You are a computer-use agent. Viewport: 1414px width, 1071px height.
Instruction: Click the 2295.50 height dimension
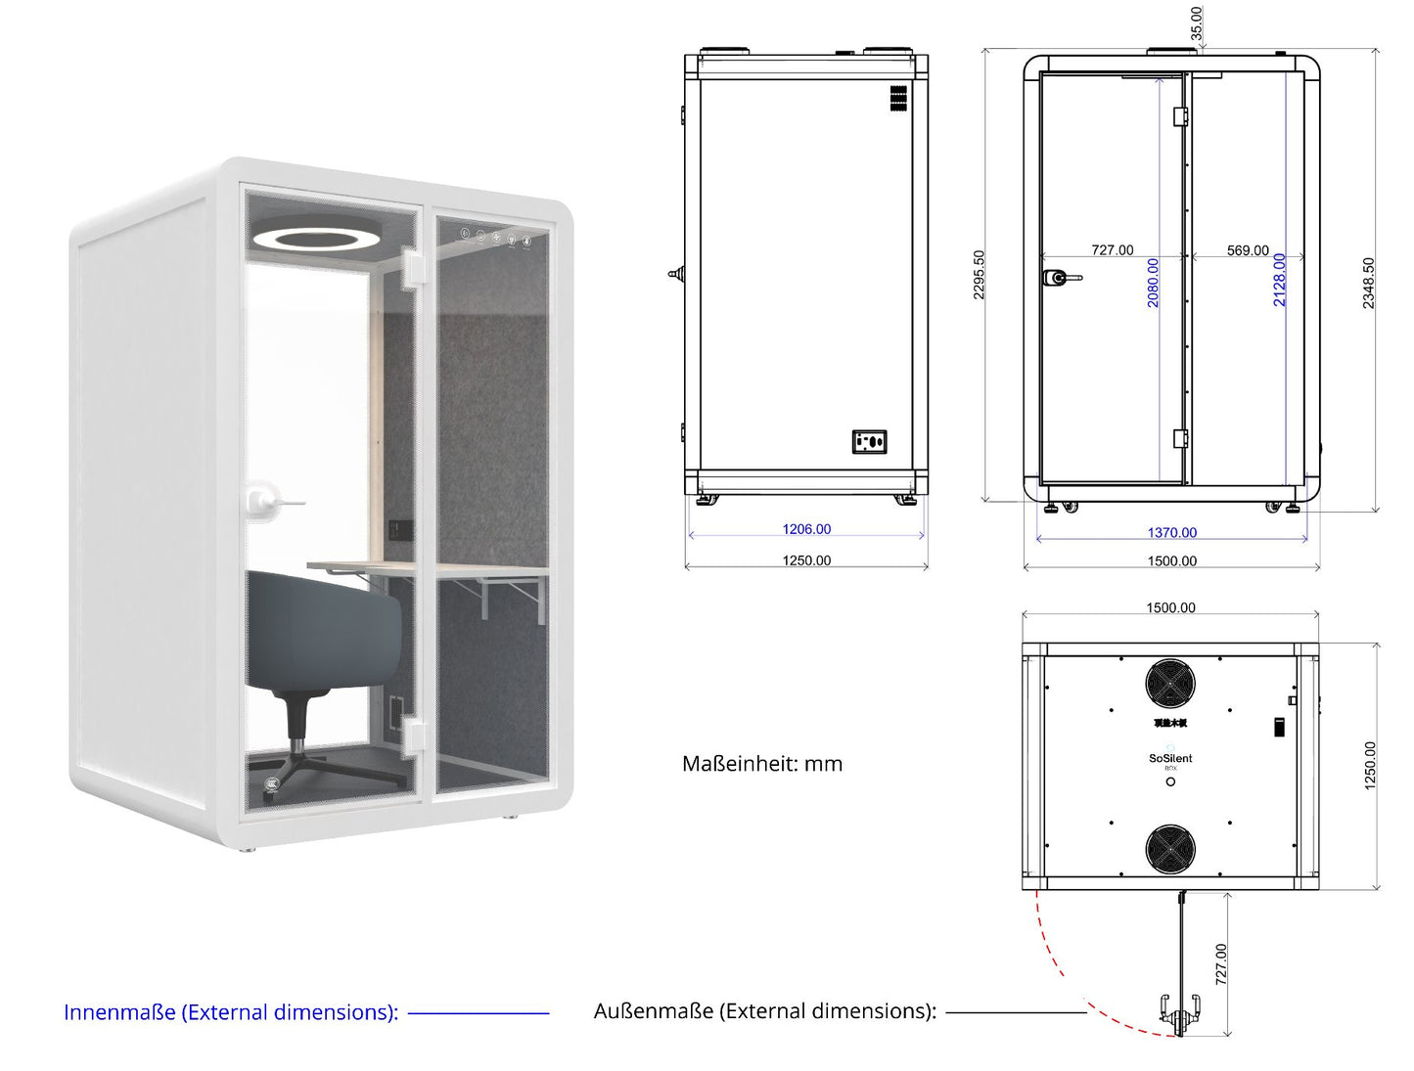pyautogui.click(x=980, y=275)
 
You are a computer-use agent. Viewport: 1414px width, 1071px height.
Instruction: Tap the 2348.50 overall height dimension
pyautogui.click(x=1369, y=284)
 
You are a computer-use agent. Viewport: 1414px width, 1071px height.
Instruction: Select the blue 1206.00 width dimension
pyautogui.click(x=806, y=529)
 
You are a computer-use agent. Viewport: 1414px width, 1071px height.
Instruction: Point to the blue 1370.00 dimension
pyautogui.click(x=1171, y=533)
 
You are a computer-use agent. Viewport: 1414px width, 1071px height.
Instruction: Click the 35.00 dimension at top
pyautogui.click(x=1196, y=22)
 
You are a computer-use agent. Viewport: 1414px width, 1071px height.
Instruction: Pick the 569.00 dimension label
pyautogui.click(x=1248, y=250)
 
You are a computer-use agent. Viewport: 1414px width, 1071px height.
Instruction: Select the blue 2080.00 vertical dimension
pyautogui.click(x=1153, y=283)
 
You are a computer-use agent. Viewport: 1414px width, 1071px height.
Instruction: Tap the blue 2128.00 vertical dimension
pyautogui.click(x=1279, y=280)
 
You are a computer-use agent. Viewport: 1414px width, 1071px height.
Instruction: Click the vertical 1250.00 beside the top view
pyautogui.click(x=1370, y=765)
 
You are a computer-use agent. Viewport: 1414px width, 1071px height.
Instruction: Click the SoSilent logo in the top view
pyautogui.click(x=1170, y=759)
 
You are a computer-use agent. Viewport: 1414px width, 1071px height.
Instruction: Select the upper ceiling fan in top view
pyautogui.click(x=1170, y=683)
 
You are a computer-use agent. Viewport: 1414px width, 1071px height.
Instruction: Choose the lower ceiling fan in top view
pyautogui.click(x=1170, y=849)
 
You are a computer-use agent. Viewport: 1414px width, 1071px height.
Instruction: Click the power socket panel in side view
pyautogui.click(x=869, y=442)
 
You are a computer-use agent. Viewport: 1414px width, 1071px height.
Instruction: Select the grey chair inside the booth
pyautogui.click(x=323, y=636)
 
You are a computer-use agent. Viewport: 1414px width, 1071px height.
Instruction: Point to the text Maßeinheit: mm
pyautogui.click(x=762, y=764)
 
